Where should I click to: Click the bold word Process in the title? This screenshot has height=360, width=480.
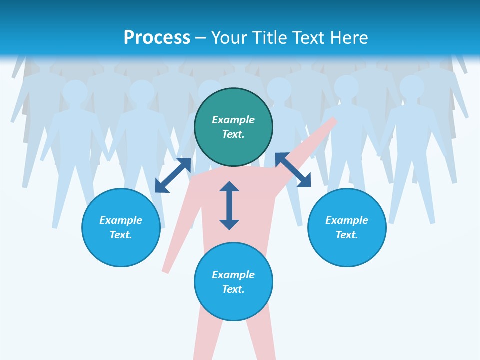(x=157, y=37)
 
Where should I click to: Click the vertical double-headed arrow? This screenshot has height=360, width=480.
(x=229, y=205)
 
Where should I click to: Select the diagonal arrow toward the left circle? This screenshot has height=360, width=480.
(x=173, y=175)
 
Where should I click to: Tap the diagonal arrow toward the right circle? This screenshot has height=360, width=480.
(x=293, y=170)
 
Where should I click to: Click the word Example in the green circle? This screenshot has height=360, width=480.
(x=233, y=120)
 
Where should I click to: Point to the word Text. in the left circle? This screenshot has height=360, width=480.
(x=121, y=235)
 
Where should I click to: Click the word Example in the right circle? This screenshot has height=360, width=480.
(x=347, y=220)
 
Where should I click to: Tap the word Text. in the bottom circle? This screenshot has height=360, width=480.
(x=233, y=289)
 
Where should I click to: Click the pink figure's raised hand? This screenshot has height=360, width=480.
(x=332, y=122)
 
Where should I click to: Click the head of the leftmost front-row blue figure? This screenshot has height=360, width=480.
(x=75, y=91)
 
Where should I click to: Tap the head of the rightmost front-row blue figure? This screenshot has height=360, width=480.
(x=411, y=87)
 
